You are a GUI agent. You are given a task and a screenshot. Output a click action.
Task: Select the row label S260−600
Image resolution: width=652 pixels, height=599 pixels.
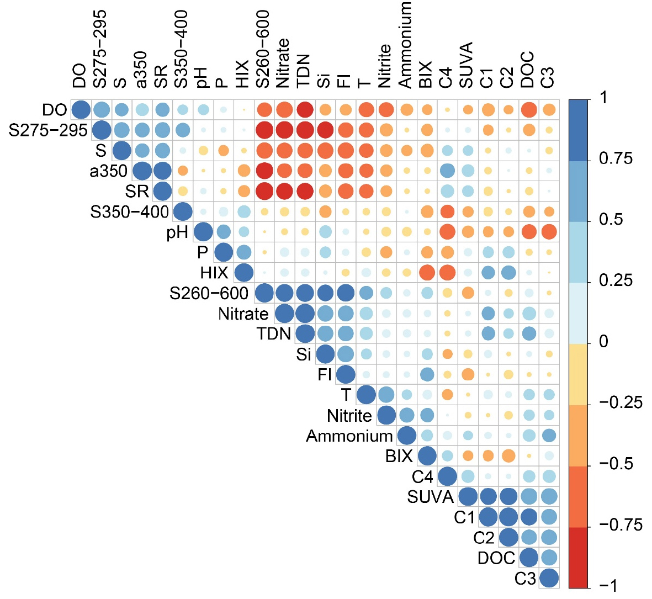point(209,293)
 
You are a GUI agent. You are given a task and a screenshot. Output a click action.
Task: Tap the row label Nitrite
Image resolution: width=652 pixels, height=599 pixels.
point(349,415)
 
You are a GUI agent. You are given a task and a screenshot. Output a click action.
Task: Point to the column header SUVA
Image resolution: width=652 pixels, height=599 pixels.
point(467,65)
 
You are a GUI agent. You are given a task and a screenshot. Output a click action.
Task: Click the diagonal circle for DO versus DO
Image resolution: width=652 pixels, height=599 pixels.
point(81,110)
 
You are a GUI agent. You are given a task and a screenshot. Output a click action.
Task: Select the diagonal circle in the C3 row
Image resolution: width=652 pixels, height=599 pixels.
point(549,578)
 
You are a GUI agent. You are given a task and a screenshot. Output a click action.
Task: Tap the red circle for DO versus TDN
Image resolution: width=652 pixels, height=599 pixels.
point(305,110)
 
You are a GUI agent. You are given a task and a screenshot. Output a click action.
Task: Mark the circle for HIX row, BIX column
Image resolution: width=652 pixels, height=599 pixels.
point(426,272)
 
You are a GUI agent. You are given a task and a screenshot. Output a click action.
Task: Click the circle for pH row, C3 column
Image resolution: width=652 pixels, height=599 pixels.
point(549,232)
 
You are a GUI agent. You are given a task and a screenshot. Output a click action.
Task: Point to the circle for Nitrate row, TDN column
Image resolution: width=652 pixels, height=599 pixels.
point(305,314)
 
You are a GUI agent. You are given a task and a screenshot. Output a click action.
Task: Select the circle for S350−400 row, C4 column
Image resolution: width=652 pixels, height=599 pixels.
point(447,211)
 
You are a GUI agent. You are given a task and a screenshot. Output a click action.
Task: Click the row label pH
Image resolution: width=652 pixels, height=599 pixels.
point(177,232)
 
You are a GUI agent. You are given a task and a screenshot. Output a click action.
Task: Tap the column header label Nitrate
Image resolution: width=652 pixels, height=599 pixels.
point(283,63)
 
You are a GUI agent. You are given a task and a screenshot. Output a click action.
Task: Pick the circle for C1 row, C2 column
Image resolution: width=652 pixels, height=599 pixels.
point(508,517)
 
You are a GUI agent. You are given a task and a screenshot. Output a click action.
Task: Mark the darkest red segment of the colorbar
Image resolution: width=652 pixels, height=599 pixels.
point(578,558)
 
